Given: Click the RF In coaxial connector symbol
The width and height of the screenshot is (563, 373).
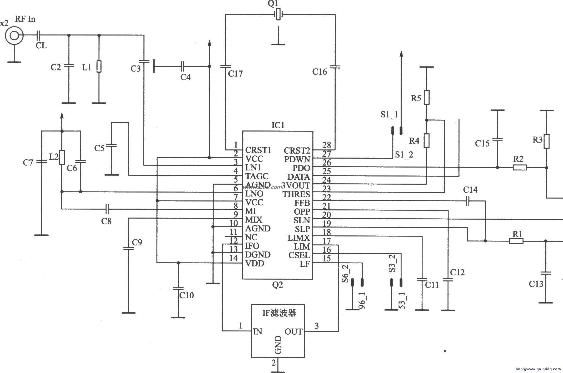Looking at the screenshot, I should (14, 35).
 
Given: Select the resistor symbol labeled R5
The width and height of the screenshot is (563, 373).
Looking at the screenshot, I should (427, 97).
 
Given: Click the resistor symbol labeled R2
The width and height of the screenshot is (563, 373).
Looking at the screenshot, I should (520, 167).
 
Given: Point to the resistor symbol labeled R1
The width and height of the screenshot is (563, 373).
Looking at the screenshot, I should (516, 241).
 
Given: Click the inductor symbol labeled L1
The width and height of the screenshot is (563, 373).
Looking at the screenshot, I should (99, 66).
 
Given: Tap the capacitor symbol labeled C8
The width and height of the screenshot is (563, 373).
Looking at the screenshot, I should (107, 209).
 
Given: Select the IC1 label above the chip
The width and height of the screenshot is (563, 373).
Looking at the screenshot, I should (278, 125).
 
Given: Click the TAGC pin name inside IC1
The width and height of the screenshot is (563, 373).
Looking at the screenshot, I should (257, 176).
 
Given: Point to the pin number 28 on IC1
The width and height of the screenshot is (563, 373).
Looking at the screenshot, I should (326, 145).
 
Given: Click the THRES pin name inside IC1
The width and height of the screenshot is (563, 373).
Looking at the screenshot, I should (296, 194).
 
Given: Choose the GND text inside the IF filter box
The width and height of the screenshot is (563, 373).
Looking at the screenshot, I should (278, 345).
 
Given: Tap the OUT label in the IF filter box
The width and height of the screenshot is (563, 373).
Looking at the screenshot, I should (293, 332).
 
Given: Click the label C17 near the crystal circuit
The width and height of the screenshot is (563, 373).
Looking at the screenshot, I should (235, 74).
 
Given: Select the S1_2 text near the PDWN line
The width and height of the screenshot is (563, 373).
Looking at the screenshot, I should (404, 155).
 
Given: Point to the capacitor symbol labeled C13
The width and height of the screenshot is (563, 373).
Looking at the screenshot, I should (545, 273).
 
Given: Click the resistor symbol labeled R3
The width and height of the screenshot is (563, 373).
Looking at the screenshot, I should (546, 141).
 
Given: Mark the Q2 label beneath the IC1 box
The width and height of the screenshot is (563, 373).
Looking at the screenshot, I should (277, 285).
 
